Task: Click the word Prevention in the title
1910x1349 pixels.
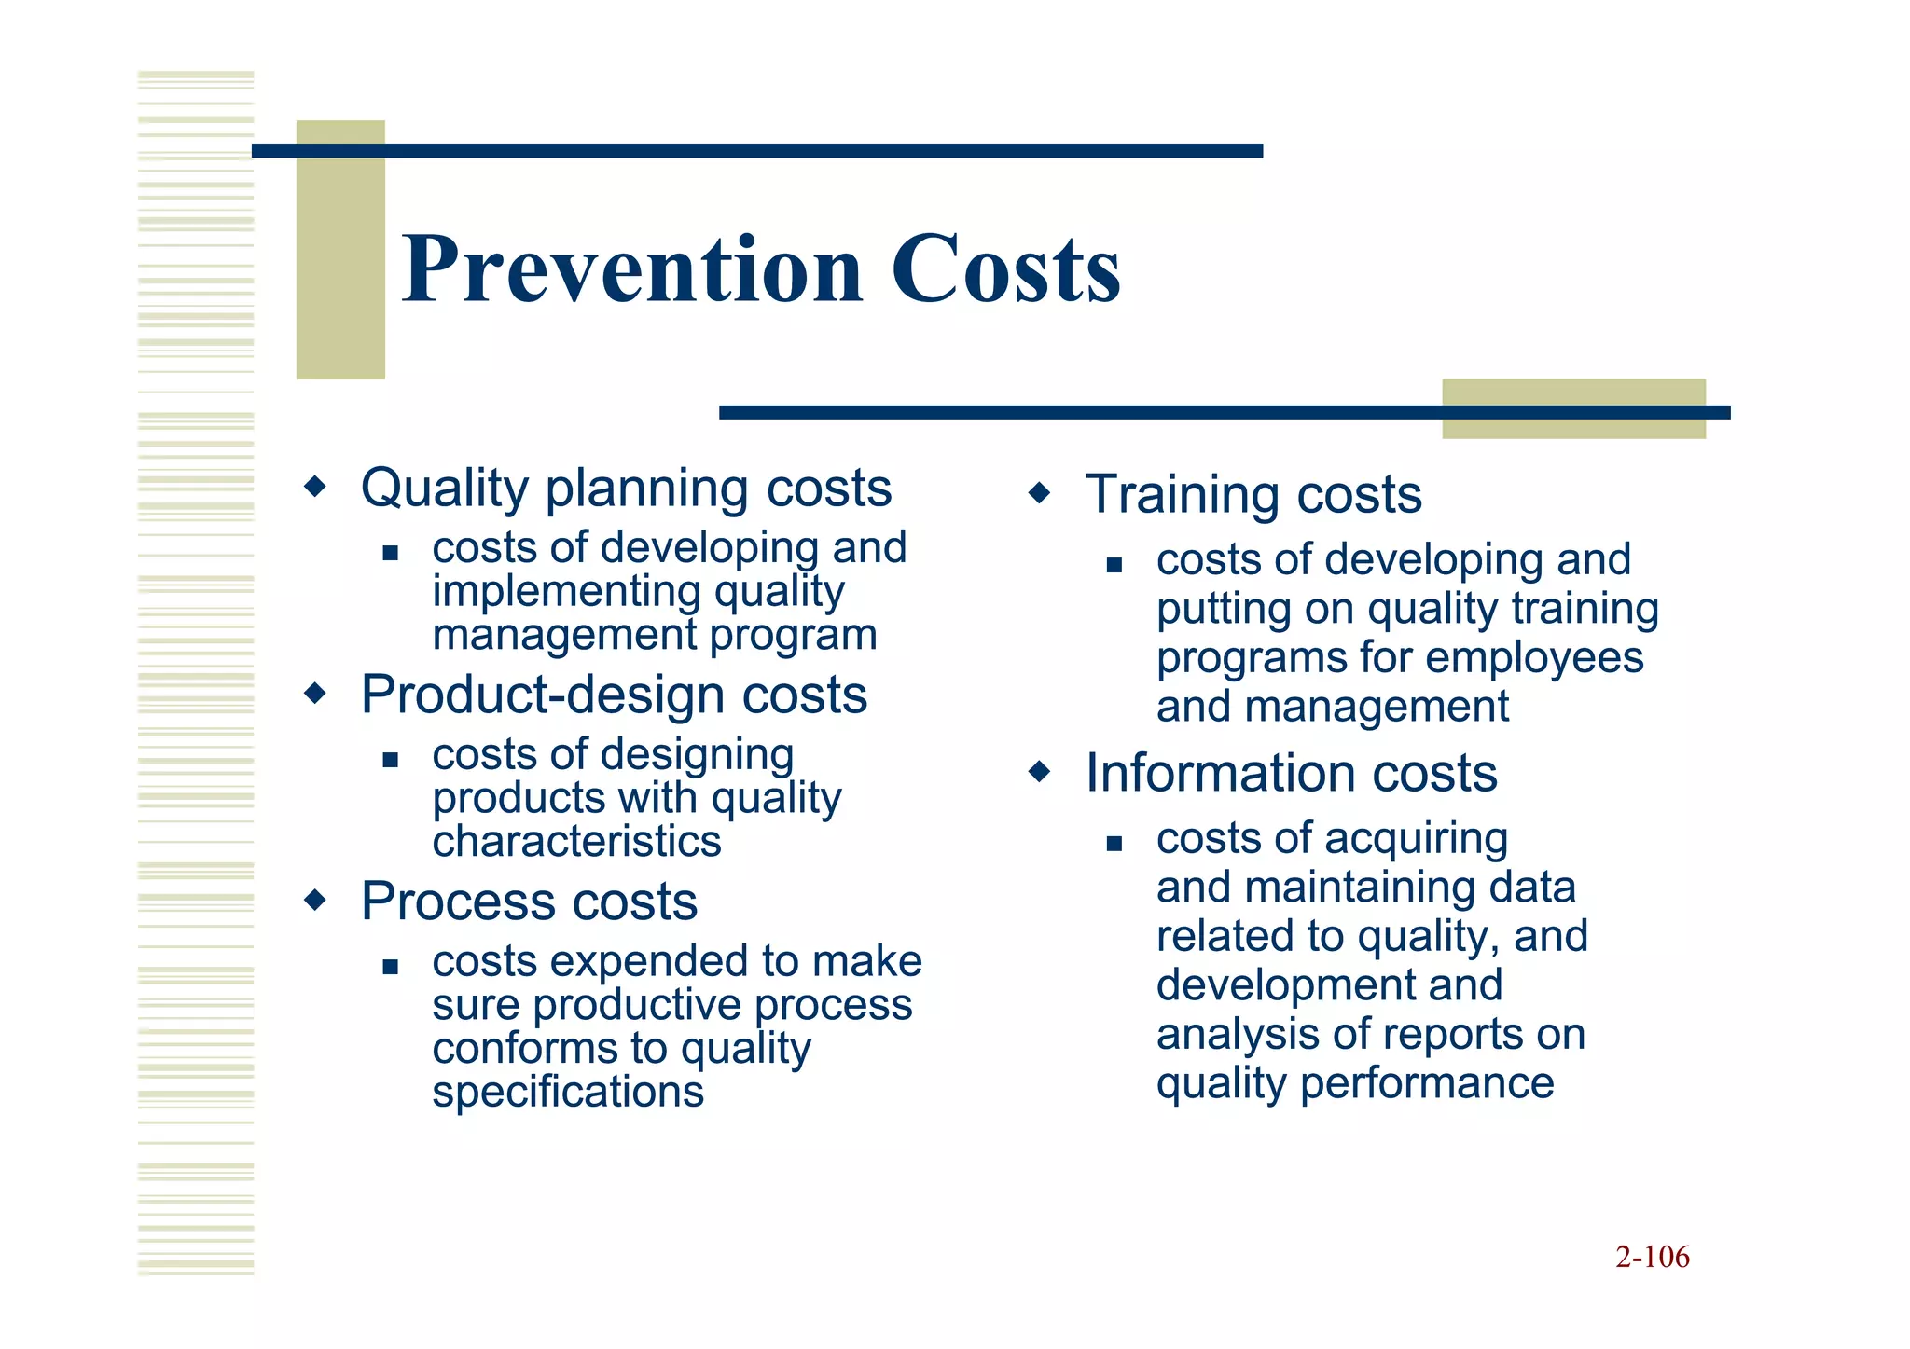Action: [632, 270]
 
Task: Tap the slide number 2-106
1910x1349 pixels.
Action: [1652, 1257]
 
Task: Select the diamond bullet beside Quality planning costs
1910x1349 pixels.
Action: [316, 486]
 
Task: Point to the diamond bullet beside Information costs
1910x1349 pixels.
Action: [1039, 771]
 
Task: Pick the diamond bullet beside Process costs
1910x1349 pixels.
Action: [316, 900]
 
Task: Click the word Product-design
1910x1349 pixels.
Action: [543, 695]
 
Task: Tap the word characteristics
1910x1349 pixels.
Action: [576, 842]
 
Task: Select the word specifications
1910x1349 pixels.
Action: [567, 1092]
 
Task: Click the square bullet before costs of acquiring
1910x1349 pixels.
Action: [1114, 844]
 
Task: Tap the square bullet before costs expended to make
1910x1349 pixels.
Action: [390, 967]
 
